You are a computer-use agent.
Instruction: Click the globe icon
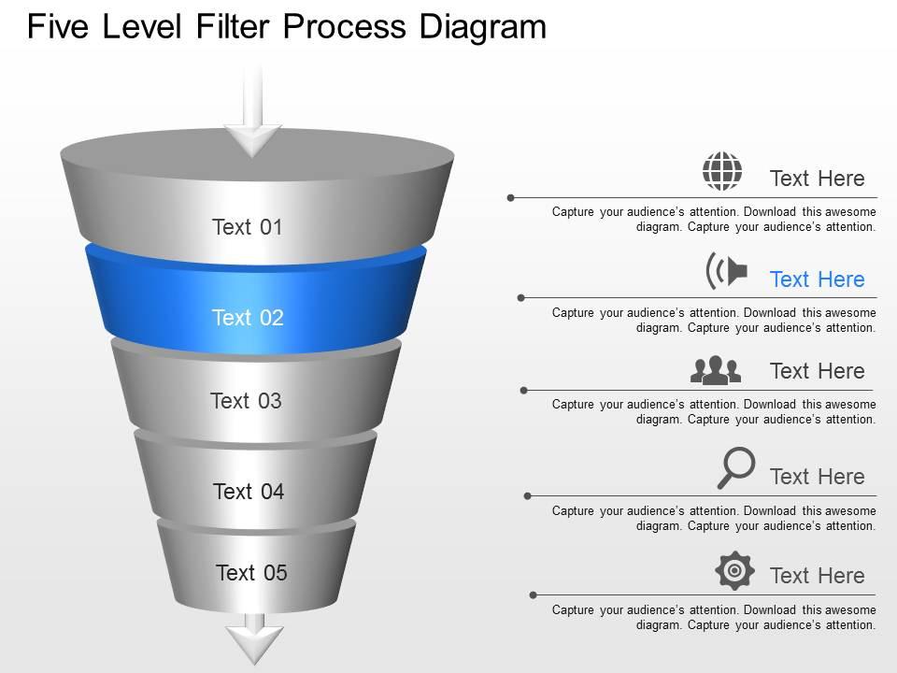click(722, 172)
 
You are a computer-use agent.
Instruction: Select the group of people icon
click(716, 370)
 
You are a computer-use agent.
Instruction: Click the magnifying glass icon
click(735, 467)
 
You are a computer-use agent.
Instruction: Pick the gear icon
click(734, 570)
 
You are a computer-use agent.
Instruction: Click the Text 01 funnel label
click(247, 227)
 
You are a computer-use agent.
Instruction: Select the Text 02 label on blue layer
click(247, 318)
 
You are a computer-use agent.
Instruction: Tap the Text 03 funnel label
click(246, 401)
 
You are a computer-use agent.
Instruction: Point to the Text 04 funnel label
click(248, 492)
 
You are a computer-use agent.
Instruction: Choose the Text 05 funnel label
click(251, 573)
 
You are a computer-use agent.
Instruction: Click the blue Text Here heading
click(817, 279)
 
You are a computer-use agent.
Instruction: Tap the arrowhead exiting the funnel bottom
click(254, 642)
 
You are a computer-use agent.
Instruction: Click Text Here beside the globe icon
click(817, 179)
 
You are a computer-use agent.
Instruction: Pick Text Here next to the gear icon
click(817, 576)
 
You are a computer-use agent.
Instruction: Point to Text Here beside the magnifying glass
click(817, 477)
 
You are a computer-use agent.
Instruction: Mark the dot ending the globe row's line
click(511, 197)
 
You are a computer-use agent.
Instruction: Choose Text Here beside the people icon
click(817, 371)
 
